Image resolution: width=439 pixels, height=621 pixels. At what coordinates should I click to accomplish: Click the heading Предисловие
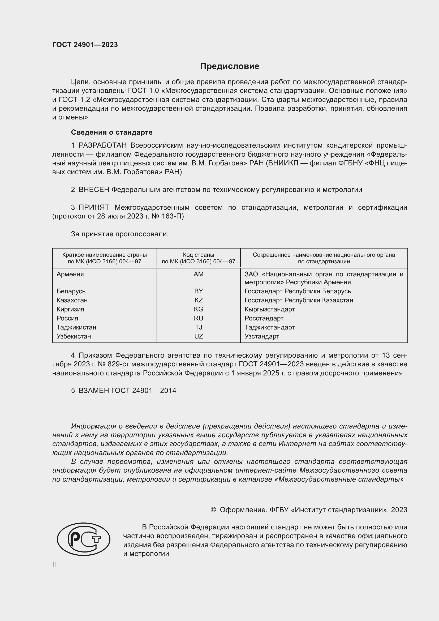[230, 66]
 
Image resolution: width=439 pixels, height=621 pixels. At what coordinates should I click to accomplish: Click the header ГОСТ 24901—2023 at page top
[85, 45]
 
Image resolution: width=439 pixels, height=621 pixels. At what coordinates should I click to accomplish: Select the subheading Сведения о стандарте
[112, 132]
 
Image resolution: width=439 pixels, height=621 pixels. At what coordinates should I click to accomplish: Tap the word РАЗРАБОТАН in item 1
[102, 145]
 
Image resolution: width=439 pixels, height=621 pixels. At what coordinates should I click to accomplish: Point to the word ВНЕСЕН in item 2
[94, 190]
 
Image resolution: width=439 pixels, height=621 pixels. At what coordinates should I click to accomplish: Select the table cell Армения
[70, 274]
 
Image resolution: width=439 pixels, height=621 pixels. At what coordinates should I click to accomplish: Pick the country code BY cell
[199, 291]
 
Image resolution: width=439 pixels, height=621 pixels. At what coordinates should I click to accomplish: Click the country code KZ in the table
[199, 300]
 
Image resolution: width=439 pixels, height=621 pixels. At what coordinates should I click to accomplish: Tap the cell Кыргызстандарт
[269, 309]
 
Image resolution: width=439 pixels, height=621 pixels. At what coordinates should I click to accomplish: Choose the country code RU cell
[199, 318]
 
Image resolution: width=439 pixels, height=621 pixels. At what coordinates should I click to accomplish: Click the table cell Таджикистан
[76, 327]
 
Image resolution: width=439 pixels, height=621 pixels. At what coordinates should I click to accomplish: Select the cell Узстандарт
[262, 336]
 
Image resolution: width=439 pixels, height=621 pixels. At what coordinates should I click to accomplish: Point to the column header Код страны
[199, 255]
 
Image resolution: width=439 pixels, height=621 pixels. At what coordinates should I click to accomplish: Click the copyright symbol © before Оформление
[213, 510]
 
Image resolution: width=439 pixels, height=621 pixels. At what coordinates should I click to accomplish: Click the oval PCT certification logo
[84, 539]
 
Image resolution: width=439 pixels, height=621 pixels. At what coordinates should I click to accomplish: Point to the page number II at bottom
[54, 565]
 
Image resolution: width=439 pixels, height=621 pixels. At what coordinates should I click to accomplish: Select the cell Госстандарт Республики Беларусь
[298, 291]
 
